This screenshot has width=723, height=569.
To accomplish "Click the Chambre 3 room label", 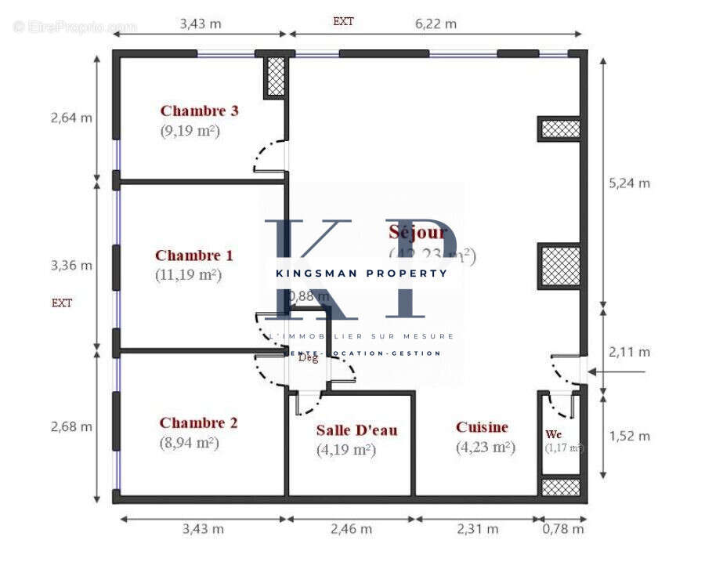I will [199, 111].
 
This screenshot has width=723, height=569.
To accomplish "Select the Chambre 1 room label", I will [193, 255].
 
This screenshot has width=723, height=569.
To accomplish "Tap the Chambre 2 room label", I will [198, 422].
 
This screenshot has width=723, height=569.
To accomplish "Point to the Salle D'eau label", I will [356, 429].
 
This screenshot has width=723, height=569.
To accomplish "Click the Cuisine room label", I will [482, 427].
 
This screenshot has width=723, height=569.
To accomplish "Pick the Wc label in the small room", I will [554, 434].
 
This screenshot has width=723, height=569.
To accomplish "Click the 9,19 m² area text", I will [190, 131].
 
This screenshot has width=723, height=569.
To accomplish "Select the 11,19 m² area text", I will [188, 274].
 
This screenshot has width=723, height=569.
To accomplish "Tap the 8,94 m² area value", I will [188, 443].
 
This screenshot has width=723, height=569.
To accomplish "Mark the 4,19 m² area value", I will [346, 450].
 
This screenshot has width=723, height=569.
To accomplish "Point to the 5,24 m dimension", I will [629, 183].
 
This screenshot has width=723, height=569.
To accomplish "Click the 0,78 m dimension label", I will [562, 529].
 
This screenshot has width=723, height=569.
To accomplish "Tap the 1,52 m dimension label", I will [629, 436].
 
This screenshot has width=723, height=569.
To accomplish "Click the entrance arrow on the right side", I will [616, 372].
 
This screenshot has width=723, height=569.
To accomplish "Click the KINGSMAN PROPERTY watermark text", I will [361, 273].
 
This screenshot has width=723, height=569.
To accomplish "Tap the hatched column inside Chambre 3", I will [275, 77].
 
